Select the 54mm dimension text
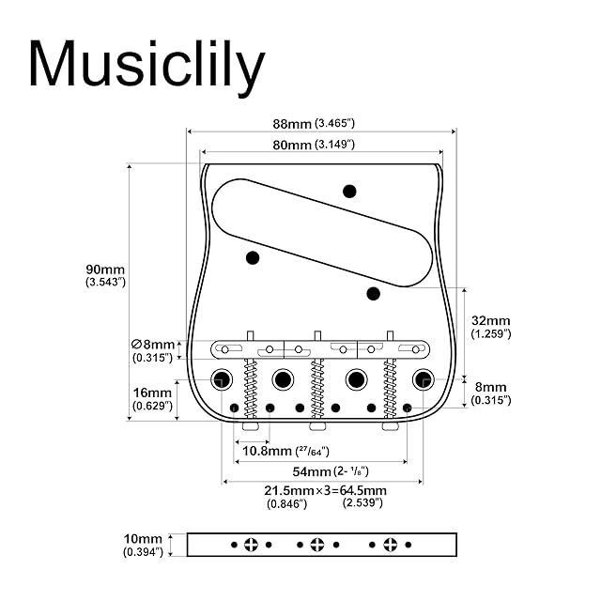pyautogui.click(x=314, y=471)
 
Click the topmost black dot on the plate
pyautogui.click(x=349, y=192)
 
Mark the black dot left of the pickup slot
pyautogui.click(x=253, y=257)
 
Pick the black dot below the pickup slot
pyautogui.click(x=373, y=292)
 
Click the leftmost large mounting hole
pyautogui.click(x=223, y=379)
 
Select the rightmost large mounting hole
pyautogui.click(x=423, y=379)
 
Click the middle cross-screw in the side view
pyautogui.click(x=317, y=545)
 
